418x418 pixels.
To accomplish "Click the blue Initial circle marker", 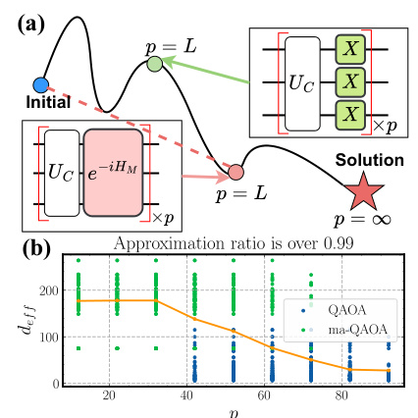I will click(x=40, y=84).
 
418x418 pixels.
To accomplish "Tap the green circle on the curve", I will click(x=154, y=66).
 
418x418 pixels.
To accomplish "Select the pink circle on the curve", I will click(x=235, y=174).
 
